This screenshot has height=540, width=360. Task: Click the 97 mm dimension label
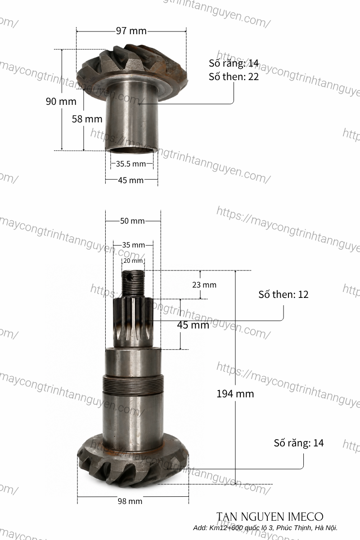[131, 31]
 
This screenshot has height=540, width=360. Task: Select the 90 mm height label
[61, 102]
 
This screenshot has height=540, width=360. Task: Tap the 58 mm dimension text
[87, 119]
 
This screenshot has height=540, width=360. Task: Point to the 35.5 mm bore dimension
[130, 164]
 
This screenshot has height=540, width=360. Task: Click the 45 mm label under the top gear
[130, 180]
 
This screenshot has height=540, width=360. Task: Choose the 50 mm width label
[132, 221]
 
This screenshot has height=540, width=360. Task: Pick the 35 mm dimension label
[133, 245]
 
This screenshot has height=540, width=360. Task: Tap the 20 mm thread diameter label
[133, 261]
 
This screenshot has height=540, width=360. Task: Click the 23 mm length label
[204, 285]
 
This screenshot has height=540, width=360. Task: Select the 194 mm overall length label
[235, 394]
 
